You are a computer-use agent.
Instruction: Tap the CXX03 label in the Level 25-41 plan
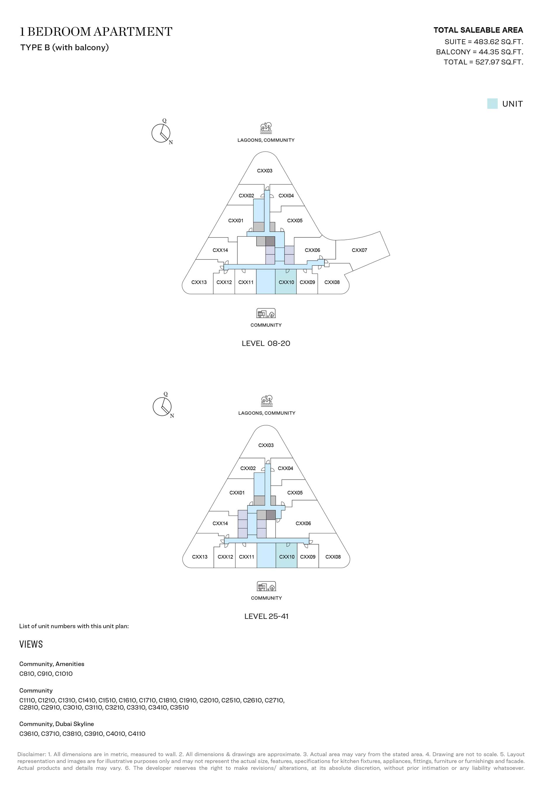(266, 445)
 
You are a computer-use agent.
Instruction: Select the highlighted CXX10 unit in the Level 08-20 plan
(286, 281)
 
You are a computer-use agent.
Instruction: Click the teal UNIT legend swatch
(492, 104)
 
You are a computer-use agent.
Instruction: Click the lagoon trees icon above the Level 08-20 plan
(266, 128)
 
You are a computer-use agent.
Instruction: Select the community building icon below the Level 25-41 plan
(266, 586)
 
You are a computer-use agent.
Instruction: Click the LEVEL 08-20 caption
(266, 343)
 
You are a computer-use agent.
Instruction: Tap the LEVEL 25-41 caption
(266, 616)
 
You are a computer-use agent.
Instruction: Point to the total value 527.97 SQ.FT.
(499, 62)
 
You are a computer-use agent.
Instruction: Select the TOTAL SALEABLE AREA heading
(478, 30)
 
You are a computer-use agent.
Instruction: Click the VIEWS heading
(31, 644)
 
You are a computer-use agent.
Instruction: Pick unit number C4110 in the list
(137, 734)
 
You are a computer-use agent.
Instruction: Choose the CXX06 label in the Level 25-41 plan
(303, 523)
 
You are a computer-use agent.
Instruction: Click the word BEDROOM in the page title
(59, 32)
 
